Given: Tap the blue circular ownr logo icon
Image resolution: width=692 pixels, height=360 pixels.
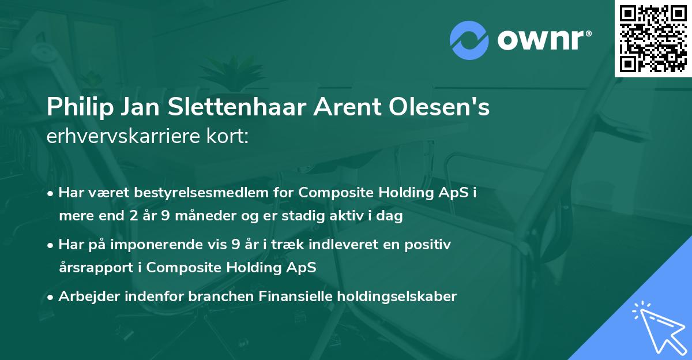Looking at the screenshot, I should pos(469,39).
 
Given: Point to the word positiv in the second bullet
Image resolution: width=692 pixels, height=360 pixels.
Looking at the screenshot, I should pos(430,245).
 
